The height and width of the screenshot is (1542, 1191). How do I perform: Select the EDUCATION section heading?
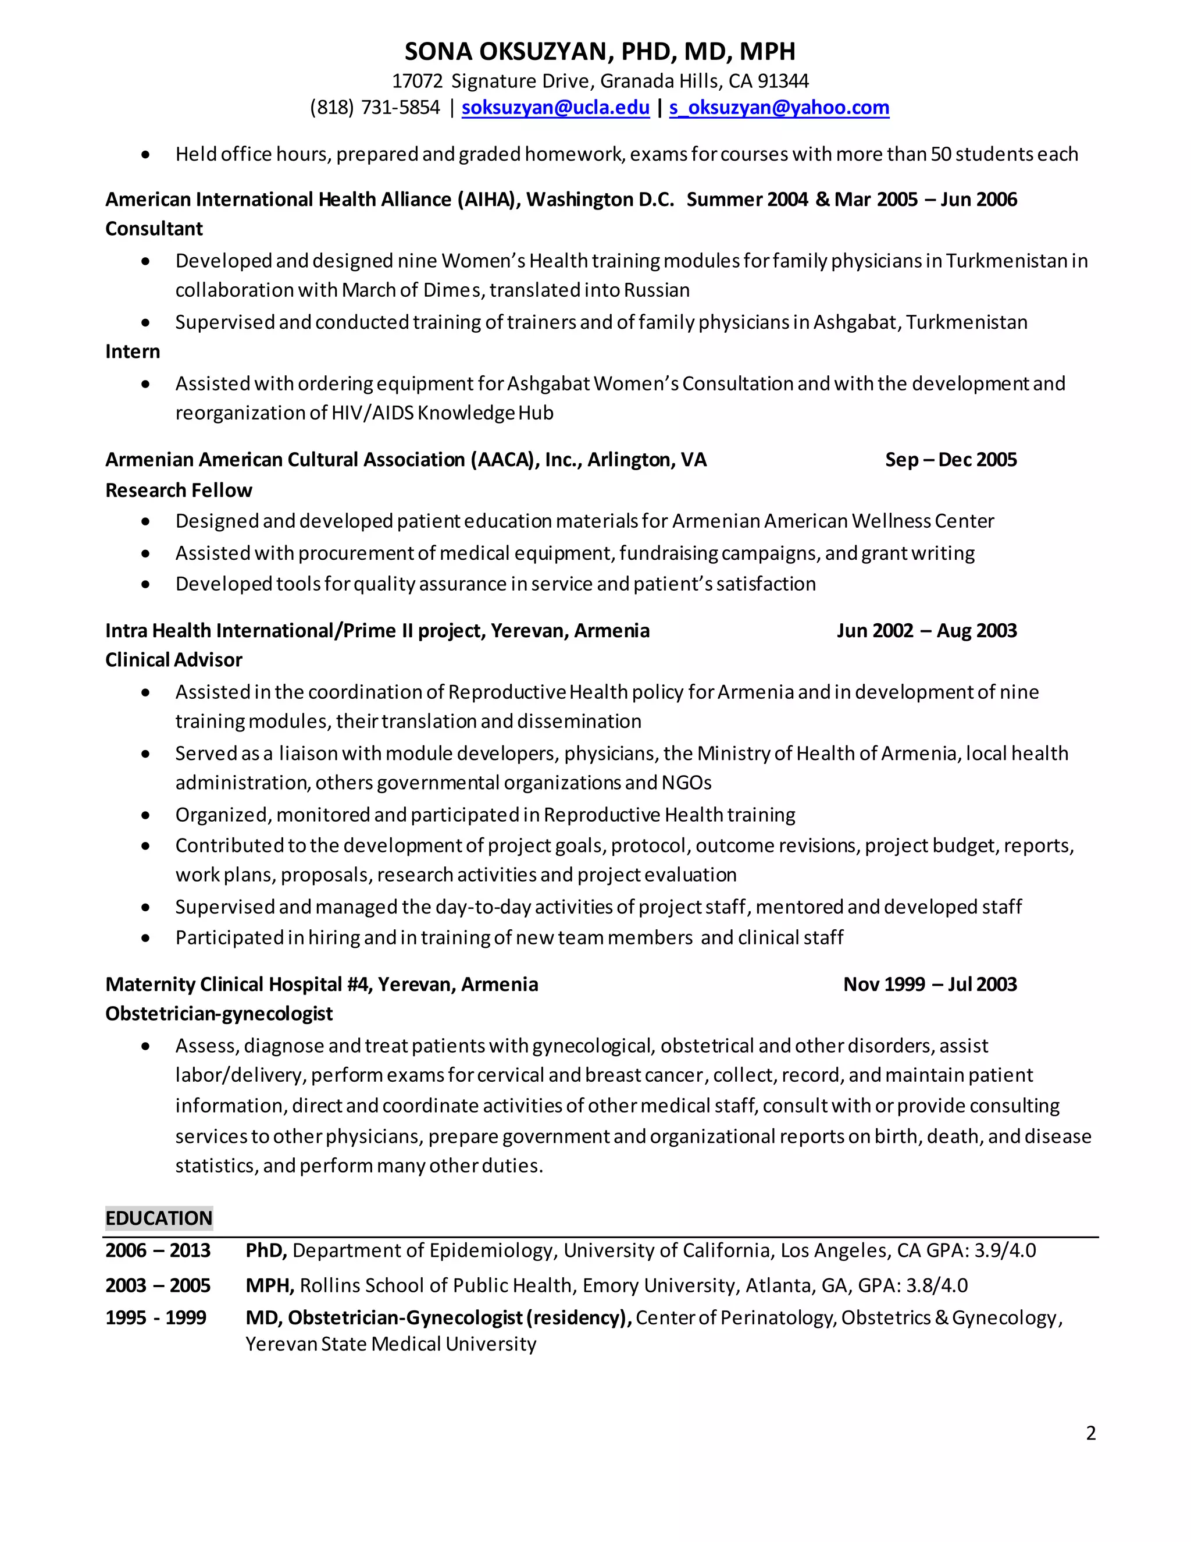tap(159, 1218)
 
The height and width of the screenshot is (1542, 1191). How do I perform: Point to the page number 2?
tap(1091, 1433)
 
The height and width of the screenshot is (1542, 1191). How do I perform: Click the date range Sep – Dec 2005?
tap(950, 460)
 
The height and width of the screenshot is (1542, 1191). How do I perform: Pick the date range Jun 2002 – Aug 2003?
tap(926, 631)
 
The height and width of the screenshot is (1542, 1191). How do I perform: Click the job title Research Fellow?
tap(179, 490)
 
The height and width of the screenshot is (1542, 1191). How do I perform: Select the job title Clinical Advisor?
tap(173, 660)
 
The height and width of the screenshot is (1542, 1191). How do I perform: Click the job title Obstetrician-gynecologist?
tap(219, 1014)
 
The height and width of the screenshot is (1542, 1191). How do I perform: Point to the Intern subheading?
tap(133, 351)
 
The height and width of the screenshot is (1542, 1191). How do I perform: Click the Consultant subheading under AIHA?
tap(154, 229)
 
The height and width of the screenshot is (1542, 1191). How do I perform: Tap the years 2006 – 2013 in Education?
tap(158, 1250)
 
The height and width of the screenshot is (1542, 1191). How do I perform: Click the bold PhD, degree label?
tap(266, 1250)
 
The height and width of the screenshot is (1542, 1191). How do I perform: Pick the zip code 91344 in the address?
tap(783, 81)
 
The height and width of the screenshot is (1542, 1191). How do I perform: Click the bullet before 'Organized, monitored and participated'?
tap(145, 815)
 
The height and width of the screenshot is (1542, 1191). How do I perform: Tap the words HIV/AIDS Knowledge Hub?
tap(443, 413)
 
